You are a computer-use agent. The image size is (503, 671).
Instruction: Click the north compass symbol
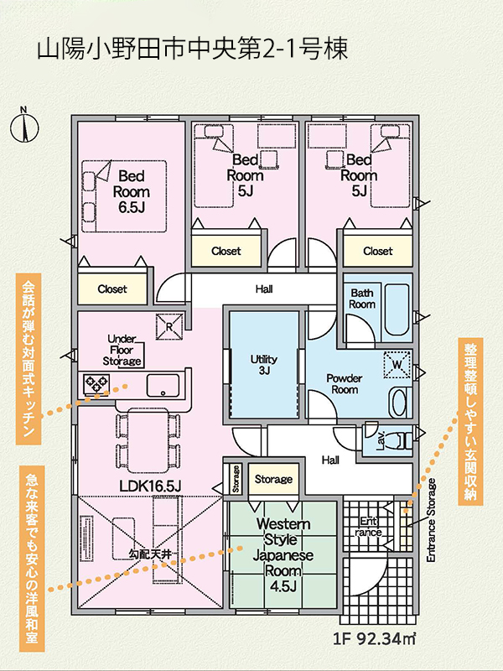point(24,127)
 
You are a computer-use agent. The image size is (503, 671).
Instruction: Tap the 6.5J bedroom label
point(132,192)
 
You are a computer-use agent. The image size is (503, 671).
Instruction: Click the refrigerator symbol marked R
point(169,326)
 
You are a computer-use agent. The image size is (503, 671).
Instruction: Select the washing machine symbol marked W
point(397,365)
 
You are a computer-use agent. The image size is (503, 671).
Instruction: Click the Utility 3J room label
point(264,365)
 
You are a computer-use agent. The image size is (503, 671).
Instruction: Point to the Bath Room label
point(362,299)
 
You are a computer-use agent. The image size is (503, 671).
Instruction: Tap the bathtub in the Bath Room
point(397,309)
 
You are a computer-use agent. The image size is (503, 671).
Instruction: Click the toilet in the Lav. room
point(399,441)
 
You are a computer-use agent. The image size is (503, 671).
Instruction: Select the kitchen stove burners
point(96,383)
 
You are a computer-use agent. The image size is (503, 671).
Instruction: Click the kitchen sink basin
point(163,386)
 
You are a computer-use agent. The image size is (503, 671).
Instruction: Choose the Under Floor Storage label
point(122,350)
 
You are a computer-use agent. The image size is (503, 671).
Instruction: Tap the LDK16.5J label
point(150,486)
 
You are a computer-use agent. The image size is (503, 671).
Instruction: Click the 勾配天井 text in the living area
point(150,554)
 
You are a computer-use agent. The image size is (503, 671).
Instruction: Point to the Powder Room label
point(345,384)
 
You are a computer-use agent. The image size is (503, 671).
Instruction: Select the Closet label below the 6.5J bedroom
point(112,289)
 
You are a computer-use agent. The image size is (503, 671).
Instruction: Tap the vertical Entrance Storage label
point(431,520)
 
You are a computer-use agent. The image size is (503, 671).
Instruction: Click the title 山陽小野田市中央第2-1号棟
point(193,49)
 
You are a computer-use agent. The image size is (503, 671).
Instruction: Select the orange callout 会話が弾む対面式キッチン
point(29,359)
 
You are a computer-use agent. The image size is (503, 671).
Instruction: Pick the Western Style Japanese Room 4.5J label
point(283,555)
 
